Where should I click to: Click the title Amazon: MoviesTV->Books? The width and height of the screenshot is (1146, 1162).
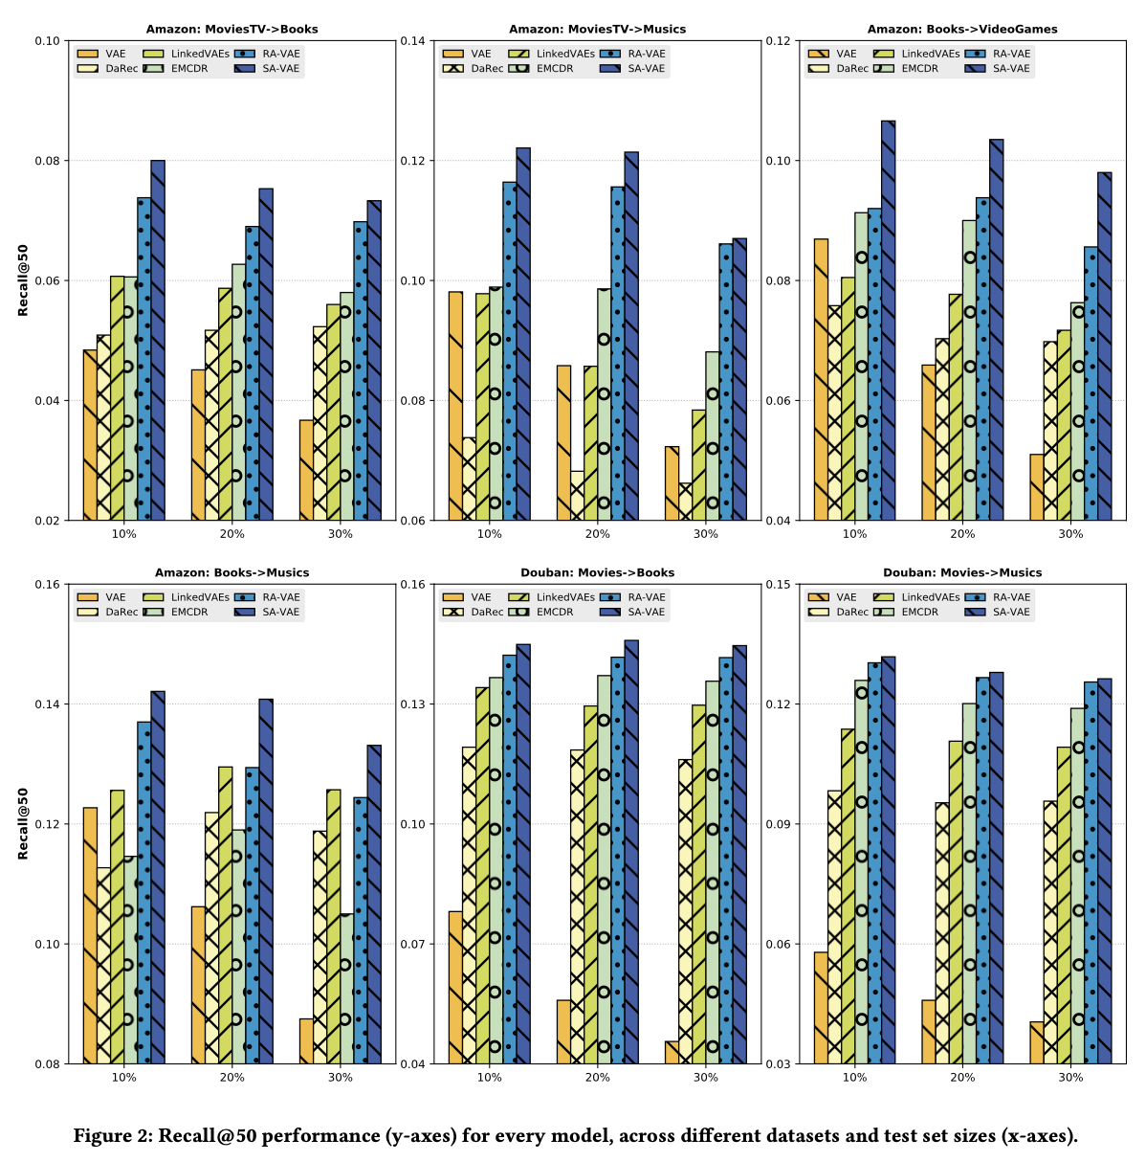(x=231, y=29)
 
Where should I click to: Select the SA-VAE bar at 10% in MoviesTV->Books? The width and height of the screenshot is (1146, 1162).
(x=158, y=340)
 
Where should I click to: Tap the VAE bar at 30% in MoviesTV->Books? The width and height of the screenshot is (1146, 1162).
(x=306, y=470)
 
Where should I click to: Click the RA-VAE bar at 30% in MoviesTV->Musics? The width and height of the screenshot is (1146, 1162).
(x=726, y=382)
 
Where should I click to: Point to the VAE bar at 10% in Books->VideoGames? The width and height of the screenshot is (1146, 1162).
(x=821, y=379)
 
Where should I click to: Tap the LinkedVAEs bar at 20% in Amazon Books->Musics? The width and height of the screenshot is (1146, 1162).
(x=225, y=915)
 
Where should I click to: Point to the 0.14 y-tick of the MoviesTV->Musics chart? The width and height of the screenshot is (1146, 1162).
(x=417, y=40)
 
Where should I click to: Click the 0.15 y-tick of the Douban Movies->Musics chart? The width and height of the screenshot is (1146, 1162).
(x=782, y=584)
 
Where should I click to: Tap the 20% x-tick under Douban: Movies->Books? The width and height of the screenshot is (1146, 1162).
(x=597, y=1077)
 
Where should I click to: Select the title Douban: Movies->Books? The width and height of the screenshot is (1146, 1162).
(x=597, y=572)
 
